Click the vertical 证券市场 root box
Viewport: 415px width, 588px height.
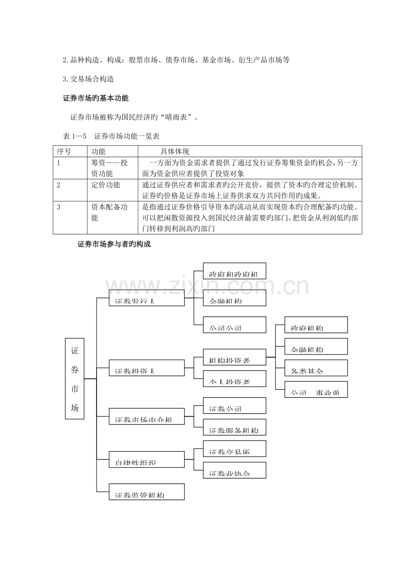point(74,378)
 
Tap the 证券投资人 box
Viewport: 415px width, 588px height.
point(147,368)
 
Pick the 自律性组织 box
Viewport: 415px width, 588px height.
point(147,459)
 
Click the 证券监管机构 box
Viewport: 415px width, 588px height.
point(147,492)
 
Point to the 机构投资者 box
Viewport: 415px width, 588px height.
point(234,357)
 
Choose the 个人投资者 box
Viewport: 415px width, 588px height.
point(234,378)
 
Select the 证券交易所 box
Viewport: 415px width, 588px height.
point(234,448)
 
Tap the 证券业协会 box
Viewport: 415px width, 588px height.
point(234,470)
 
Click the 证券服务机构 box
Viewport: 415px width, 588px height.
point(234,427)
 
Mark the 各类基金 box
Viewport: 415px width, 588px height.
point(316,368)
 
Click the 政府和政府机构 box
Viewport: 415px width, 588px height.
point(234,271)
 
